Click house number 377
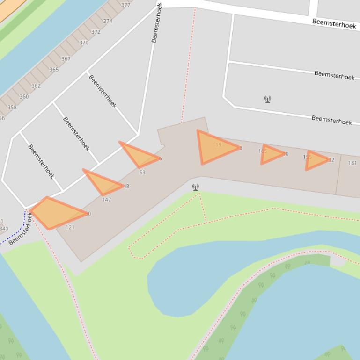[125, 5]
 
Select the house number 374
[108, 21]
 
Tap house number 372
[96, 32]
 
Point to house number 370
[84, 43]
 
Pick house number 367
[66, 59]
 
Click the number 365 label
[54, 70]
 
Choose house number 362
[36, 86]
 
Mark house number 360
[24, 97]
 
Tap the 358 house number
[12, 108]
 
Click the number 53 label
[142, 173]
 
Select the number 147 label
[106, 200]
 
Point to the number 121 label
[70, 227]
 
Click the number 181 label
[353, 163]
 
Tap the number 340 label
[4, 229]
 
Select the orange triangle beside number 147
[102, 183]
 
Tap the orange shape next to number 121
[56, 213]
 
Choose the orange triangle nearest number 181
[316, 160]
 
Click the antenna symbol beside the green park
[196, 187]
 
